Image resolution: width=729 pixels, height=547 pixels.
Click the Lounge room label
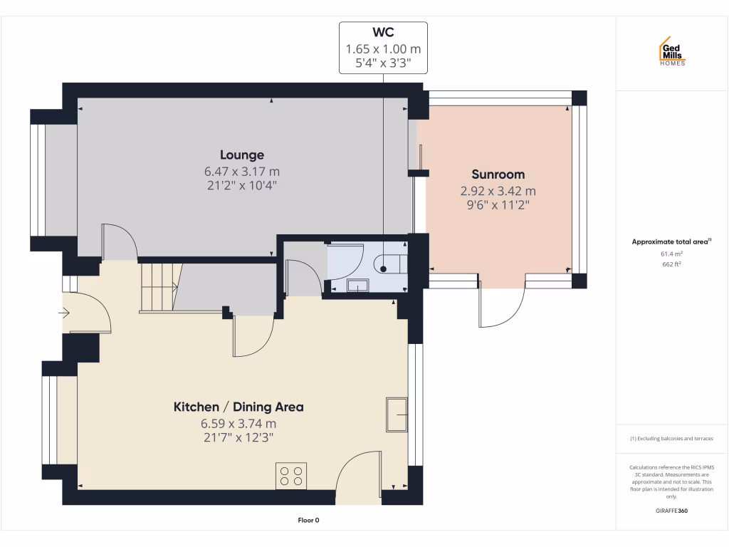[x=241, y=155]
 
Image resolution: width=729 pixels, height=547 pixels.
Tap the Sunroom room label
[x=498, y=174]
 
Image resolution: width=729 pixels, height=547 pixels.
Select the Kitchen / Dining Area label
[x=238, y=407]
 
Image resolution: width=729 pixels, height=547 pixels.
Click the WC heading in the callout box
[x=383, y=33]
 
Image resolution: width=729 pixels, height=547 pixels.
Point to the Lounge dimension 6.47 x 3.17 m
[x=241, y=172]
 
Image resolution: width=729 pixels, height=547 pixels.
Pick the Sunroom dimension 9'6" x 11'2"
[x=498, y=204]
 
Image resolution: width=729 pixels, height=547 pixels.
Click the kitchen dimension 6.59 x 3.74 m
[x=238, y=424]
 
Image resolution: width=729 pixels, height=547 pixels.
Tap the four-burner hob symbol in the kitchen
[x=291, y=475]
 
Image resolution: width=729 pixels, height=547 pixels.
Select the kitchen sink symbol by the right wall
[x=397, y=414]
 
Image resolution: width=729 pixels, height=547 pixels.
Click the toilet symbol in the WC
[x=389, y=265]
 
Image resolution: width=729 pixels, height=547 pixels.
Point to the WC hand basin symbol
[x=357, y=286]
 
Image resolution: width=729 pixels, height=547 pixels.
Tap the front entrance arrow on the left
[x=64, y=312]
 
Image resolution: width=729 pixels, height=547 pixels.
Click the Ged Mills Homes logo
[x=671, y=52]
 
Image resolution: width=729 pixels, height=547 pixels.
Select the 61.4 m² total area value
[x=671, y=254]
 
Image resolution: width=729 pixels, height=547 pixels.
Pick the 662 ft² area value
[x=671, y=264]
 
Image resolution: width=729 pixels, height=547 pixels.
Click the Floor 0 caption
[x=308, y=521]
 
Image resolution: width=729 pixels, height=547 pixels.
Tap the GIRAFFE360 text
[x=671, y=511]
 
